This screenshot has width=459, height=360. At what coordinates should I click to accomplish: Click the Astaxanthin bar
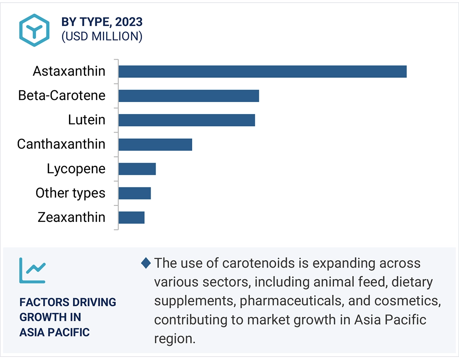[262, 71]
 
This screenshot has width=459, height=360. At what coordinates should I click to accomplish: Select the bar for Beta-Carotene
[188, 96]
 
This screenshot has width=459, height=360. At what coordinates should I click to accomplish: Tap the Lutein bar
[186, 120]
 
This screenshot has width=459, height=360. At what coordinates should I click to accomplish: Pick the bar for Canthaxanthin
[155, 144]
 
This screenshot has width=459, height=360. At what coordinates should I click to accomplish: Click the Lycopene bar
[137, 169]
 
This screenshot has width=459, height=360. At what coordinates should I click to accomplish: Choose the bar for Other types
[134, 193]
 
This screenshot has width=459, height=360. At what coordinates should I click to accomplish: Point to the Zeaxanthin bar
[131, 217]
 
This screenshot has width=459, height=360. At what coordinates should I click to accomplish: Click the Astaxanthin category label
[69, 71]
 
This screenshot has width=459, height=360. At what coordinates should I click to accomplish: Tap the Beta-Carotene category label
[62, 96]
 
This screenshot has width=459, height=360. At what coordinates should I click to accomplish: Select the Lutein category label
[87, 120]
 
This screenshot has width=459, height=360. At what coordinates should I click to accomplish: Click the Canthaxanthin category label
[61, 144]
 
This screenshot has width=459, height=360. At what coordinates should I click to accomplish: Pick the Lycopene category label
[76, 169]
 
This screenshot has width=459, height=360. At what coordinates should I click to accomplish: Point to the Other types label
[71, 193]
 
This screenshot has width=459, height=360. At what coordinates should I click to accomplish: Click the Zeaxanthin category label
[71, 217]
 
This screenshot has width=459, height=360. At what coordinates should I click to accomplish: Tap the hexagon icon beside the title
[35, 30]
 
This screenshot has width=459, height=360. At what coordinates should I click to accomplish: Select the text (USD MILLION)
[102, 37]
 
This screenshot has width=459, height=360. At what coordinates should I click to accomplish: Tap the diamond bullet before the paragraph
[146, 263]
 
